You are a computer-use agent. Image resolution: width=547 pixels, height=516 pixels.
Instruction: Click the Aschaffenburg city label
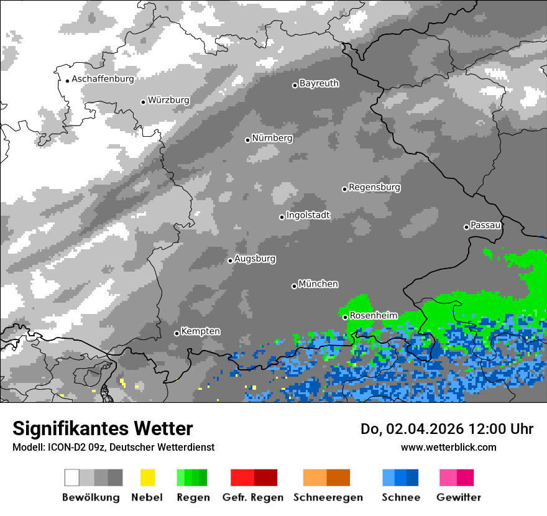click(x=103, y=80)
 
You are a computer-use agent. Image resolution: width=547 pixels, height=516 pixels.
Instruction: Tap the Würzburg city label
click(x=168, y=100)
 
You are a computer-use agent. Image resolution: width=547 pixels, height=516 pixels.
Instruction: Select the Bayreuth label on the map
click(x=319, y=83)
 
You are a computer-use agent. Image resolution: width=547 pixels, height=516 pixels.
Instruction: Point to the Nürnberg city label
click(x=272, y=138)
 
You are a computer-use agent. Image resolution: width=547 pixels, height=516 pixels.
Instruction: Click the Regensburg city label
click(x=374, y=187)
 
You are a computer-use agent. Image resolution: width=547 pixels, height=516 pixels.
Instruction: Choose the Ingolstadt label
click(x=308, y=215)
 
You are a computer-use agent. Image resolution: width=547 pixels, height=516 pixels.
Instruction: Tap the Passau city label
click(x=485, y=225)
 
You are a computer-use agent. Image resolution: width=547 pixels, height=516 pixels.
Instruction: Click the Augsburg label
click(x=255, y=259)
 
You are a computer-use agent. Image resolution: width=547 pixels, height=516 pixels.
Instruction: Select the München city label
click(x=318, y=284)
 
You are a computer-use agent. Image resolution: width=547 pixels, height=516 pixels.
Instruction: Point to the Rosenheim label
click(x=373, y=316)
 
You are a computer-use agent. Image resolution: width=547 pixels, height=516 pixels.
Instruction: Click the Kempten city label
click(x=200, y=331)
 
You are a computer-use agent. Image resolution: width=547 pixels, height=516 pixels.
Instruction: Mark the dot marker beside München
click(x=294, y=286)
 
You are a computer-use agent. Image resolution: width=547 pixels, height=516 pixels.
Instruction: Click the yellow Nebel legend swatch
click(x=147, y=477)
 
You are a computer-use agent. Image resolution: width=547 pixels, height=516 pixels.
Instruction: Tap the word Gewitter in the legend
click(x=458, y=497)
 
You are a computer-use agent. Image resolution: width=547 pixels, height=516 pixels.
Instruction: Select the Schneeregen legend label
click(x=328, y=497)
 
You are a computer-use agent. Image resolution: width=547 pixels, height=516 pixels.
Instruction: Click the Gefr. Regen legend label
click(x=253, y=497)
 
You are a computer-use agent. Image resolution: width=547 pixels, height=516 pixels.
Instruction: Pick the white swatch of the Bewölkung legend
click(x=72, y=477)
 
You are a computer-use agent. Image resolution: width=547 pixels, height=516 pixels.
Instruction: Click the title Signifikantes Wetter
click(x=103, y=429)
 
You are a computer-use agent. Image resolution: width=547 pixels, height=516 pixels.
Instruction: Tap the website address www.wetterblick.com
click(x=448, y=447)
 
